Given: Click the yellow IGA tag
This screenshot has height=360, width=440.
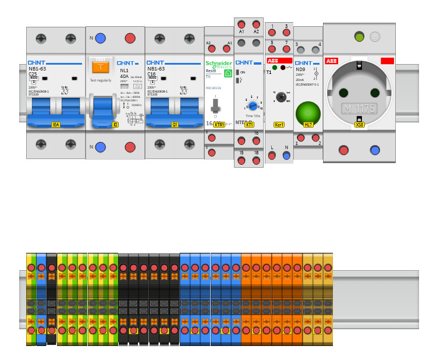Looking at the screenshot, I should [56, 125].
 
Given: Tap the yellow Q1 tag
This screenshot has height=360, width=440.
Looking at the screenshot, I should [175, 125].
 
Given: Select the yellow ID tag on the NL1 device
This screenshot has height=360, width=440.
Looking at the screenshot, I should [115, 125].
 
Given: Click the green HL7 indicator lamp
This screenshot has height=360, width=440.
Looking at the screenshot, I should [308, 114].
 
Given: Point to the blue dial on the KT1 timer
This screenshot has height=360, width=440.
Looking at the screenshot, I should [253, 105].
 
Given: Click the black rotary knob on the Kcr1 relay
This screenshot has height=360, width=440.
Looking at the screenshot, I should [281, 97].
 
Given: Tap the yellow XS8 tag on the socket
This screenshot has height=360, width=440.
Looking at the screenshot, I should [360, 125].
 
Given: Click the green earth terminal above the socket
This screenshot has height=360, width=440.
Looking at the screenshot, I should [359, 37].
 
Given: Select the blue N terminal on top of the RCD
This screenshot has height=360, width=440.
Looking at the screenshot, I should [100, 38].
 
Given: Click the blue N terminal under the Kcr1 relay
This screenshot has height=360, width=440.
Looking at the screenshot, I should [286, 156].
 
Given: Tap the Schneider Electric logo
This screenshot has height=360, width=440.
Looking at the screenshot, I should [219, 64].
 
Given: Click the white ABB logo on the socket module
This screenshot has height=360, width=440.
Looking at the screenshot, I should [331, 61].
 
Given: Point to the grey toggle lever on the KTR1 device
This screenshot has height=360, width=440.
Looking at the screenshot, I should [215, 105].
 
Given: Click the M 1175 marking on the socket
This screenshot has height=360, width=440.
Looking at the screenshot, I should [359, 108].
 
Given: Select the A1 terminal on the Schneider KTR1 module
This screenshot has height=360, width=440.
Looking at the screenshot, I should [226, 48].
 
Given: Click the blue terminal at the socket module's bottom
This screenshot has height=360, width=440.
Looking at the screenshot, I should [375, 150].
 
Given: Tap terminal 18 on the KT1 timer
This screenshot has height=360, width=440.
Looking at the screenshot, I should [256, 160].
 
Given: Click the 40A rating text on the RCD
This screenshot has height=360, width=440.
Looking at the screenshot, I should [124, 76].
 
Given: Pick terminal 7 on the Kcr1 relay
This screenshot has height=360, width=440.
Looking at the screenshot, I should [286, 50].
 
